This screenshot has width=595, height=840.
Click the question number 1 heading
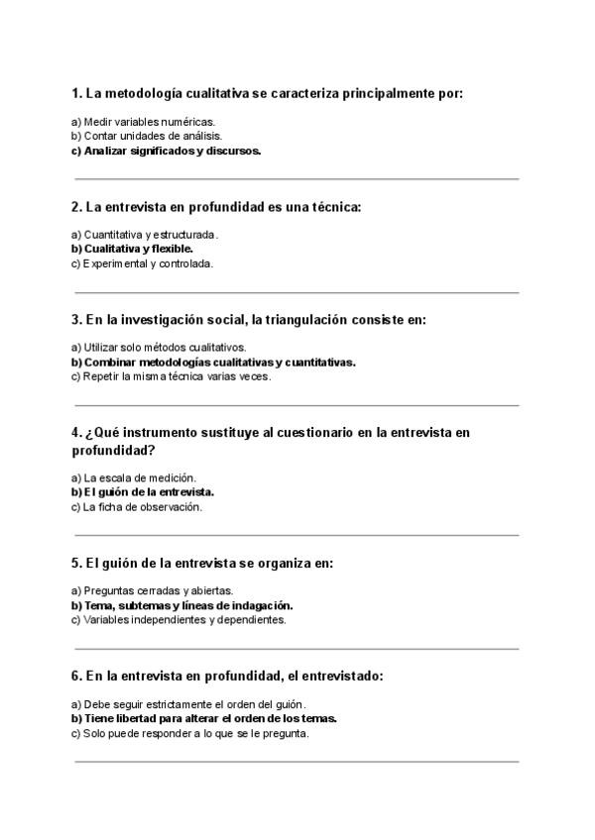[268, 94]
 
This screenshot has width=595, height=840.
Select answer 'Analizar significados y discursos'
[166, 152]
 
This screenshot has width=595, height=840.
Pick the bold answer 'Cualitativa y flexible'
[132, 250]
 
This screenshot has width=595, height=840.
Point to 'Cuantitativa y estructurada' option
[145, 235]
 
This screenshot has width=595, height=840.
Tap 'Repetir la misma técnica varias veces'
[171, 377]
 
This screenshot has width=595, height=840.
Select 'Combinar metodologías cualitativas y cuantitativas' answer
[213, 363]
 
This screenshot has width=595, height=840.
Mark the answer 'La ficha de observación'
[137, 507]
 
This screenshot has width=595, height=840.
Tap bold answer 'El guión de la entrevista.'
[143, 492]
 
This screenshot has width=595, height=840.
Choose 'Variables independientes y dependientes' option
[178, 620]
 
